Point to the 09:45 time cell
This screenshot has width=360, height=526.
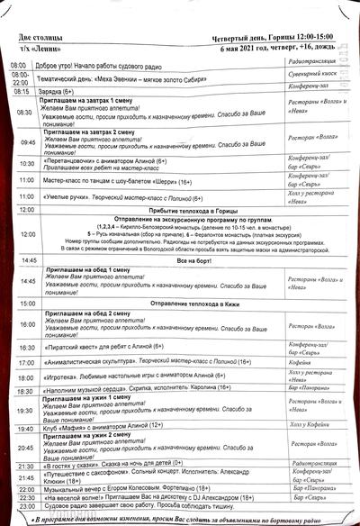coord(26,142)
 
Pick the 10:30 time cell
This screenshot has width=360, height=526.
coord(26,163)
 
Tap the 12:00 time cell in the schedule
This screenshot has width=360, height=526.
coord(26,236)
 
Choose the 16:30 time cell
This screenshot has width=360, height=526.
coord(26,347)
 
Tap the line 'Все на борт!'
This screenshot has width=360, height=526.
coord(193,260)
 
